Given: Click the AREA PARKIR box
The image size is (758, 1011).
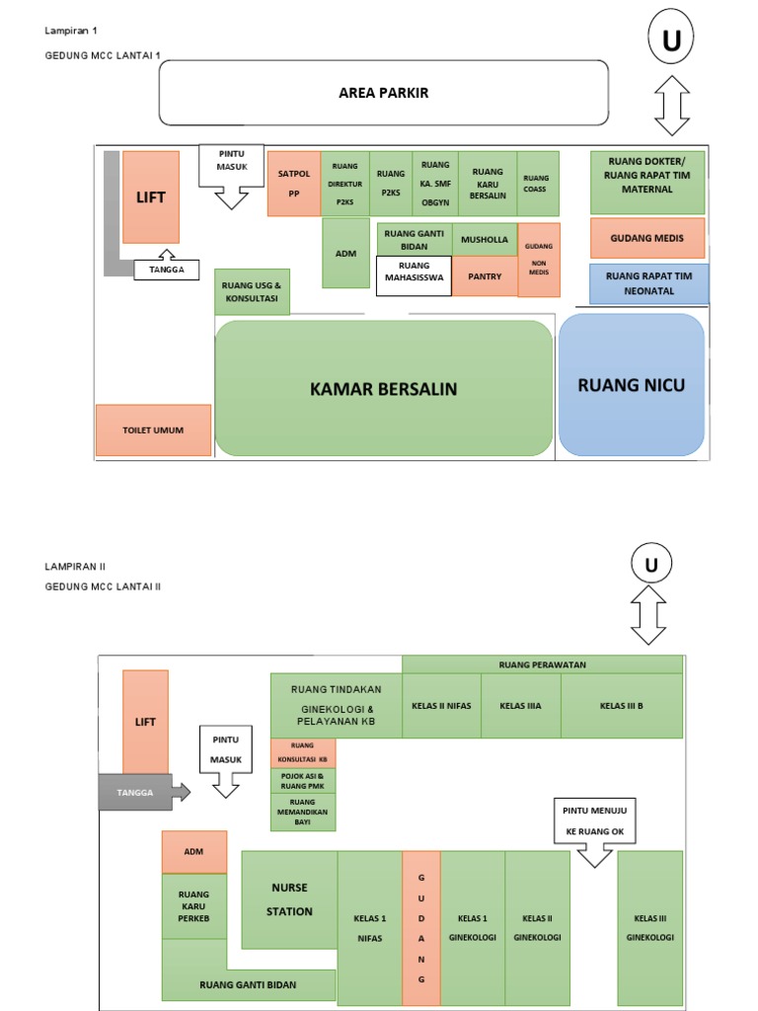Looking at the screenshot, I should [x=384, y=93].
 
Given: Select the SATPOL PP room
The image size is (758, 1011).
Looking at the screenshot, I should [x=293, y=184].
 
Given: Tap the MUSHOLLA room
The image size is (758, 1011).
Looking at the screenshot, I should [x=485, y=240].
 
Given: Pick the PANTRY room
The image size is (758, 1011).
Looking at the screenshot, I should [x=485, y=276].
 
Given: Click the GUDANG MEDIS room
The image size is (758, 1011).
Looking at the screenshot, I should [x=647, y=238].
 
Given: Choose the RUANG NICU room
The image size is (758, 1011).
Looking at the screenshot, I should [x=632, y=385].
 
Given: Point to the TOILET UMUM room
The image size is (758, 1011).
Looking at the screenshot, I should [x=153, y=430].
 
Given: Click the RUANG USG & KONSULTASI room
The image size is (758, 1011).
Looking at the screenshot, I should [x=253, y=291].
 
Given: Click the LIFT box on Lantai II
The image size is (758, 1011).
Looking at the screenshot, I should [x=145, y=722].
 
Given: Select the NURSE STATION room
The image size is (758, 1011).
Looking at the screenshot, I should [x=289, y=898].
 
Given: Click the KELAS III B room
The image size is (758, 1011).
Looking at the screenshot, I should [x=621, y=706].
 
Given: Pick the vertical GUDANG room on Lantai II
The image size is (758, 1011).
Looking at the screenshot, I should [x=421, y=928].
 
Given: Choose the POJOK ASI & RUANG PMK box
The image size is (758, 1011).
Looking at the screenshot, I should [x=303, y=781].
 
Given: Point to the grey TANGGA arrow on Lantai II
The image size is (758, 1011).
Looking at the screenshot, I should [x=144, y=792].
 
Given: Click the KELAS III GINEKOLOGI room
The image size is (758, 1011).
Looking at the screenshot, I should [x=649, y=928].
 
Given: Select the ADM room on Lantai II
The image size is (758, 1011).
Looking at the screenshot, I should [x=194, y=851].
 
